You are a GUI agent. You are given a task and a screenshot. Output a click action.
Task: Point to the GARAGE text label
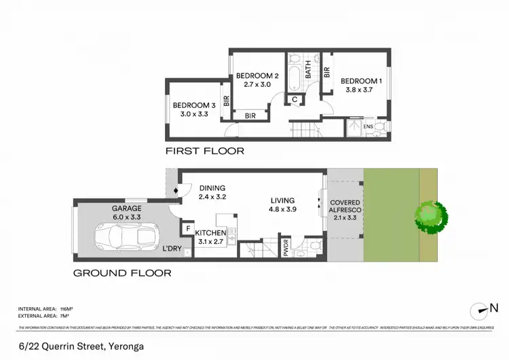pos(127,209)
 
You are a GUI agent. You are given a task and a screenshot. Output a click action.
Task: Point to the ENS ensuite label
pos(369,127)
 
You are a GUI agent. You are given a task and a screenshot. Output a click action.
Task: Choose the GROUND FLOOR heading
pos(121,273)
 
